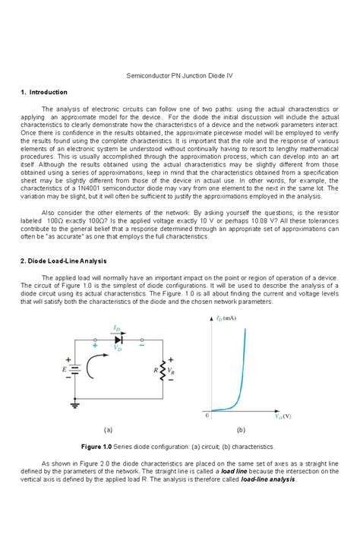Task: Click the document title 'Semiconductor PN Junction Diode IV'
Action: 180,77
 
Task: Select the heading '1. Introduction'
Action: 46,93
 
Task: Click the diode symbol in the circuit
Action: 118,339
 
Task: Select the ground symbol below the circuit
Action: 74,406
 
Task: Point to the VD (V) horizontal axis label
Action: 285,416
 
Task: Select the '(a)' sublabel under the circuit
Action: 118,429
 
